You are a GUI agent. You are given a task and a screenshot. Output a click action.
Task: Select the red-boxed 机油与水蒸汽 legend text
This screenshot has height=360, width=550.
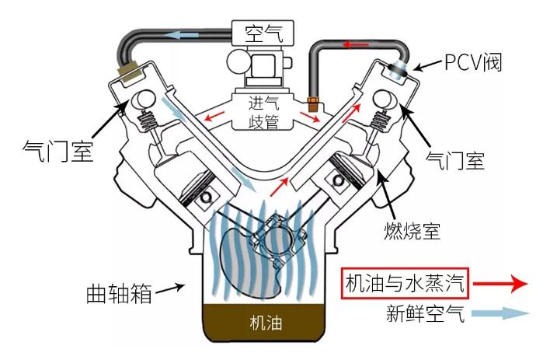pyautogui.click(x=406, y=284)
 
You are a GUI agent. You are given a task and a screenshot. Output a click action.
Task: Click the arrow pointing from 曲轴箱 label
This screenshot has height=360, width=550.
pyautogui.click(x=172, y=288)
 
